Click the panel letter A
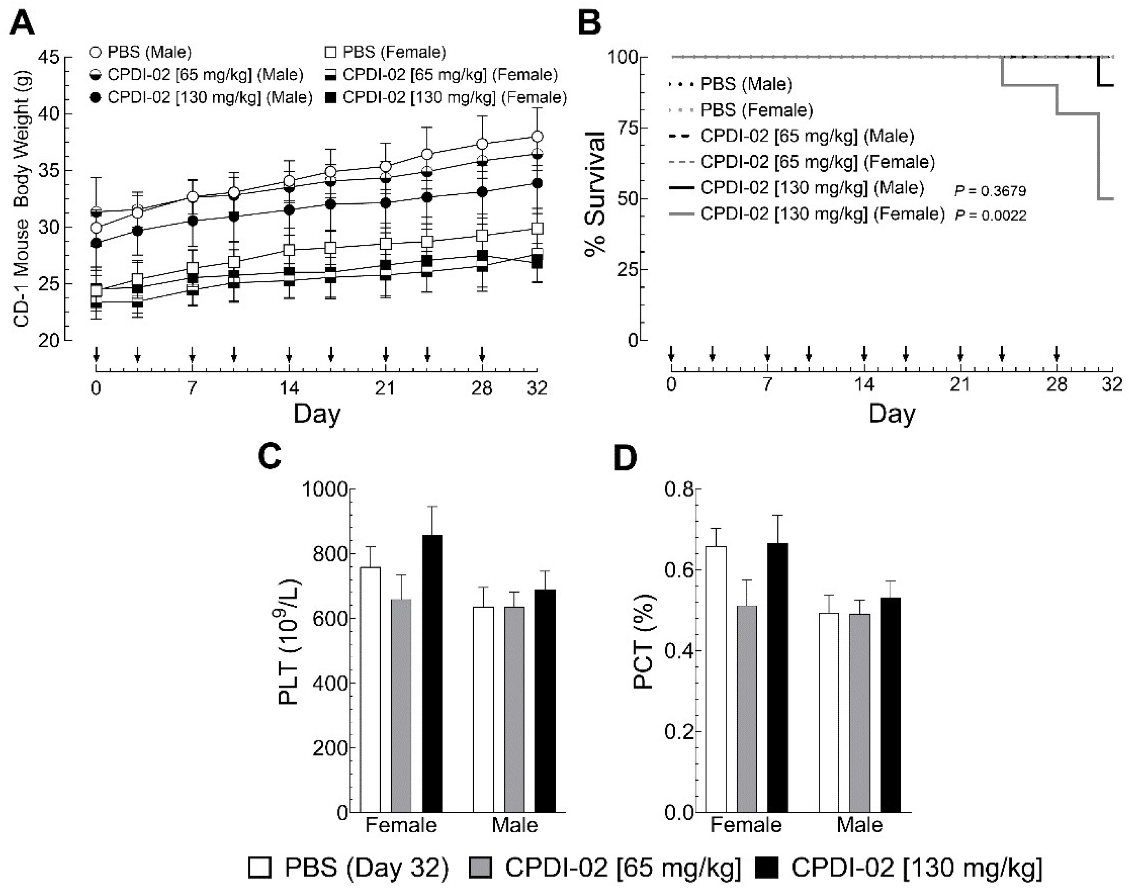22,24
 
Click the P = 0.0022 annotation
990,216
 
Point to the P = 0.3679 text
990,191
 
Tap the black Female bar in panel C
432,673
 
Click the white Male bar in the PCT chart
829,712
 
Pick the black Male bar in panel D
890,704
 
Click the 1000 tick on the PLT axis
327,489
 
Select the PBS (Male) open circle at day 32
537,137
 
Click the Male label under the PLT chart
514,825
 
